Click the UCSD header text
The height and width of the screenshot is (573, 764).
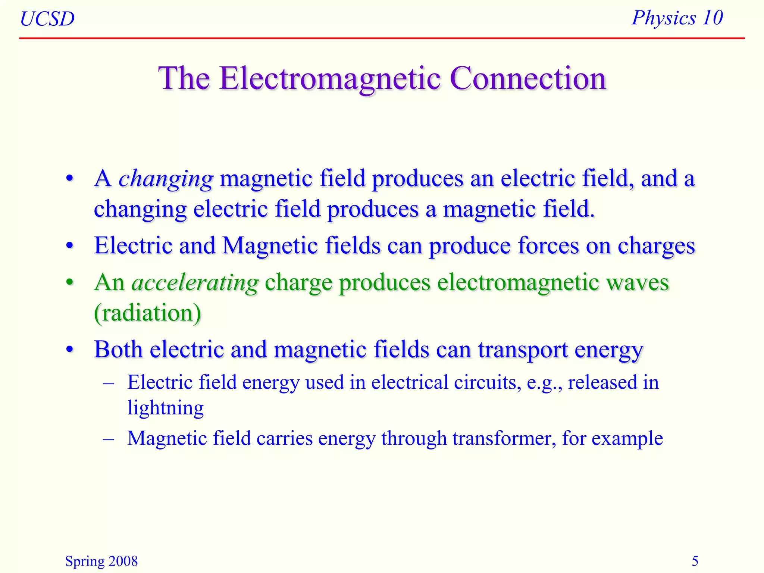[47, 19]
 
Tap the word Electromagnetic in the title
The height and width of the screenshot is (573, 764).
[330, 79]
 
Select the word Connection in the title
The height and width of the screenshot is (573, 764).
[528, 79]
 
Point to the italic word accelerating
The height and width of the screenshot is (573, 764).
[195, 283]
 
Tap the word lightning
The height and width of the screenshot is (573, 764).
[165, 408]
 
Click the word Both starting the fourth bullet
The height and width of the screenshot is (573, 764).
[118, 350]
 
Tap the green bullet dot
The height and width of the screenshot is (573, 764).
[70, 282]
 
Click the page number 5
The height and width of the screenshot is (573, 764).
[695, 561]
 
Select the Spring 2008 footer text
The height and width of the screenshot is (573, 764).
[101, 561]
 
